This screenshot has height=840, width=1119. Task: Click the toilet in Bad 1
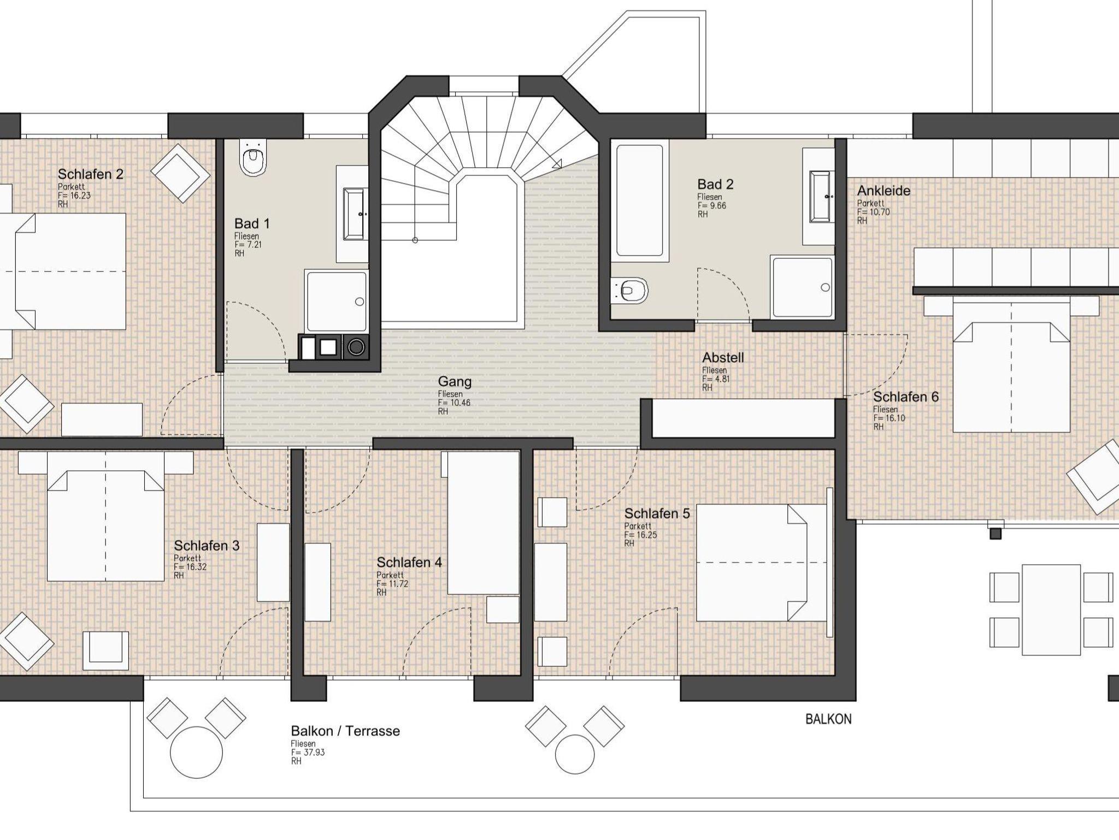point(254,157)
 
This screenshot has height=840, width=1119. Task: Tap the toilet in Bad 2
point(629,291)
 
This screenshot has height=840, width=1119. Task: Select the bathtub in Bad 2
point(640,200)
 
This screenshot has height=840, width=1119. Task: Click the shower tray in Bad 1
point(337,301)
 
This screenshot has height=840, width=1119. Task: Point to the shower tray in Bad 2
point(802,287)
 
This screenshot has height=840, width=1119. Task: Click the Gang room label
point(455,382)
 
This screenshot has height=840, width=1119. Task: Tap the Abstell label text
point(723,358)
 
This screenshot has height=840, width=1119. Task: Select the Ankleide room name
point(884,191)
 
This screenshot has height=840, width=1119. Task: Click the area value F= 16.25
point(641,535)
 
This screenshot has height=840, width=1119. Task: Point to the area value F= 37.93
point(308,752)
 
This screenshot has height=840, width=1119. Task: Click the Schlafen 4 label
point(409,562)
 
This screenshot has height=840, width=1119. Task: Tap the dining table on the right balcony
point(1051,610)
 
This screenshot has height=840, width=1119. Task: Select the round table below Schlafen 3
point(197,753)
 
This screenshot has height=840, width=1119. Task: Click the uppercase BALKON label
point(828,719)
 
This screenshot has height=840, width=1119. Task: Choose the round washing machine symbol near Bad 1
point(356,347)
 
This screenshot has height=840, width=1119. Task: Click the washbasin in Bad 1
point(354,214)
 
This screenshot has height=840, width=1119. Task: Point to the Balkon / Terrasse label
point(345,731)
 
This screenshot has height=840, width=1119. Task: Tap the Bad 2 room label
point(715,184)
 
